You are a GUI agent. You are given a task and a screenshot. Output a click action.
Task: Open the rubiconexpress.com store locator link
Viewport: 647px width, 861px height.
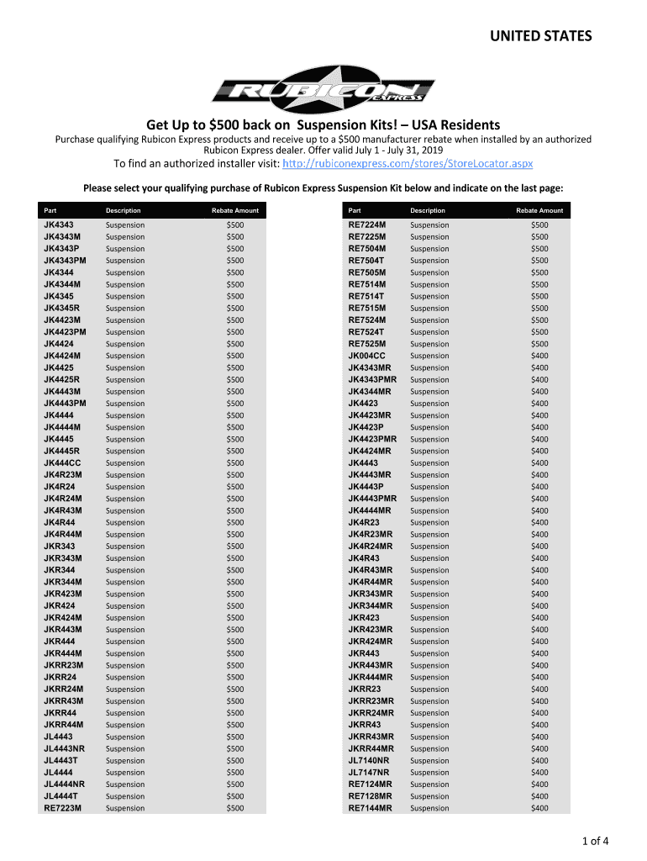coord(408,162)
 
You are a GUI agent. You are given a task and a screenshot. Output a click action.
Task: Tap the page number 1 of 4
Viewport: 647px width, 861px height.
coord(592,841)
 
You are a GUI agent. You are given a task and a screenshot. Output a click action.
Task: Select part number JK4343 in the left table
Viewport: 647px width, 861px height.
coord(59,225)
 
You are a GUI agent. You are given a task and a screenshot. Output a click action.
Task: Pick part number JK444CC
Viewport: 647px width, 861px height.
coord(63,462)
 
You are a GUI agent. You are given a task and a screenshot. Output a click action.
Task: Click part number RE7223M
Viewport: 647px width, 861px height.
coord(63,808)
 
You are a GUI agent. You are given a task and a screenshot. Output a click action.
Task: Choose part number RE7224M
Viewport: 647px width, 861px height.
coord(367,225)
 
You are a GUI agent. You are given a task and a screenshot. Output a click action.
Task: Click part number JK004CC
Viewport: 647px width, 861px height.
coord(367,356)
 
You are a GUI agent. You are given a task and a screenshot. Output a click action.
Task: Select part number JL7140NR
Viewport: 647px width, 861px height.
coord(369,760)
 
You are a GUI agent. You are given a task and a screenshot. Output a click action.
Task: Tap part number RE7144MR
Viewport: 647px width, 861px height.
coord(371,808)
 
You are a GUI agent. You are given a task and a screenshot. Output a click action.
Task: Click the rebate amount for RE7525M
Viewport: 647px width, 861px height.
coord(539,344)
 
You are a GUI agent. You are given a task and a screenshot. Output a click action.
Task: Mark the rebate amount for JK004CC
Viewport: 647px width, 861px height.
coord(539,356)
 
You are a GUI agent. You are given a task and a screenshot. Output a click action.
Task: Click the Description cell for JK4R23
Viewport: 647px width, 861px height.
coord(429,522)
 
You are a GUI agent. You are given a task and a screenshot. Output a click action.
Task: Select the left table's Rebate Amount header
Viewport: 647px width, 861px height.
coord(235,210)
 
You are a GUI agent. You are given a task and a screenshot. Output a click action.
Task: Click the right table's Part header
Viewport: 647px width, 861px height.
coord(355,210)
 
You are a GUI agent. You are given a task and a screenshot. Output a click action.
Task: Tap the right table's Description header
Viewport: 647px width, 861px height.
coord(428,210)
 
